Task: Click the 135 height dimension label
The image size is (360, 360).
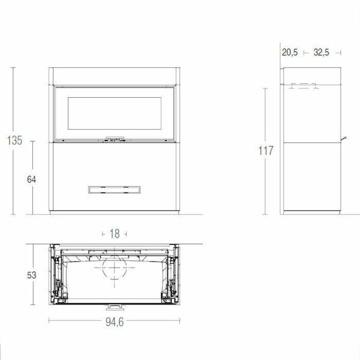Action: (14, 141)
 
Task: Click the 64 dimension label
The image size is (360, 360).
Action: (32, 179)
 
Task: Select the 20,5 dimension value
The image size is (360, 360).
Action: (290, 53)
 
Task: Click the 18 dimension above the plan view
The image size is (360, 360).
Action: (114, 233)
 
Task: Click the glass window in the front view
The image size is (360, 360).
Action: (114, 113)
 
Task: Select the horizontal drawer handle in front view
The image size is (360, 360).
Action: (114, 190)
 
